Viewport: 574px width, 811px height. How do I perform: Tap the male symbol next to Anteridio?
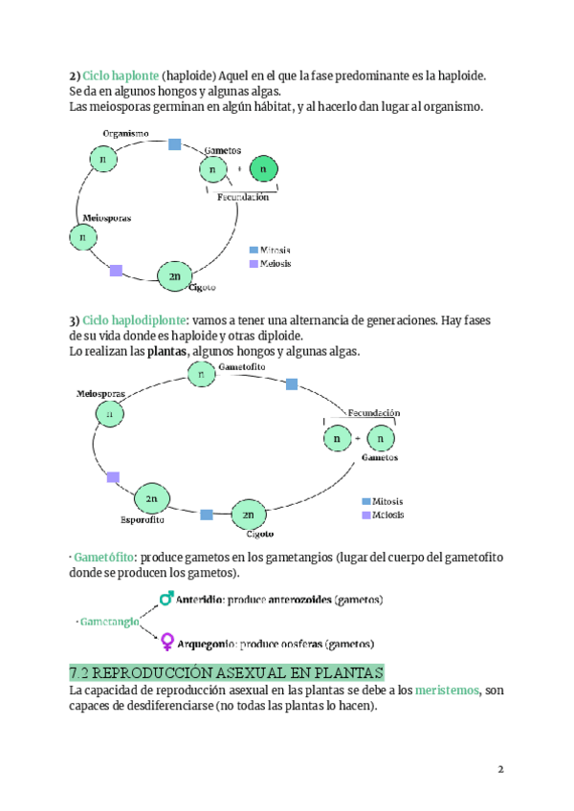[166, 598]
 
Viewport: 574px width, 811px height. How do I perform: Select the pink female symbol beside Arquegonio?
[166, 641]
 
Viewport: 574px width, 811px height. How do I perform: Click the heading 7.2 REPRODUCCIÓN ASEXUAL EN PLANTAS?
[227, 671]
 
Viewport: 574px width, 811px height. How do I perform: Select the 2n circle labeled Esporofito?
[151, 498]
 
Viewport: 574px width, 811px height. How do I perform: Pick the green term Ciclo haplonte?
[121, 75]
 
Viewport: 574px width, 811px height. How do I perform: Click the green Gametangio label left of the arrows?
[107, 621]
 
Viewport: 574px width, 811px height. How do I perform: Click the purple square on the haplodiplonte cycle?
[113, 476]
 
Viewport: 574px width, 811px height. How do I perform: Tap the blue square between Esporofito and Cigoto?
[207, 515]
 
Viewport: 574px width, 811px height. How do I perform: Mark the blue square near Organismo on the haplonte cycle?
[174, 144]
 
